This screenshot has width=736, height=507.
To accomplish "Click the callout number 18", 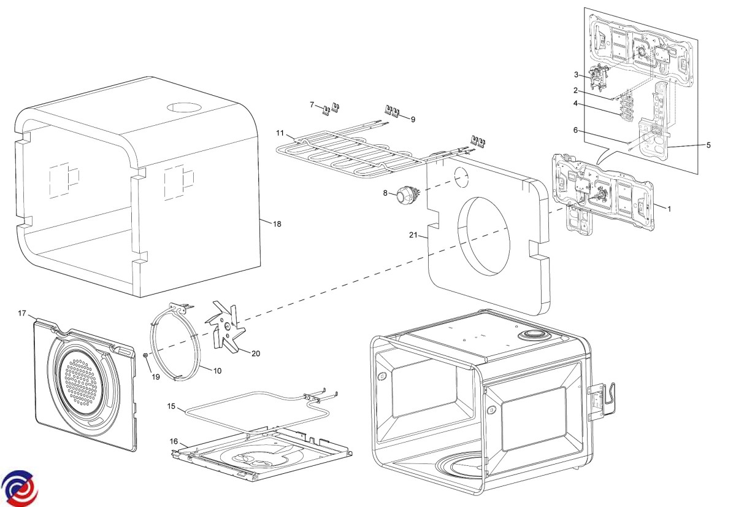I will [x=277, y=224].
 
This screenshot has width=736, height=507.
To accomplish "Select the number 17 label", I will [x=22, y=314].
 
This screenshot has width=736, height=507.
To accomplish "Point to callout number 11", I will [x=280, y=133].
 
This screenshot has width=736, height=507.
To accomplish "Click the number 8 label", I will [x=386, y=193].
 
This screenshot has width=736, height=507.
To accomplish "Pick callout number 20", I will [x=256, y=354].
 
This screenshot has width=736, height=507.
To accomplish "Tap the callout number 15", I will [x=172, y=406].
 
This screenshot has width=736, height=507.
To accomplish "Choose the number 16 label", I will [x=174, y=441].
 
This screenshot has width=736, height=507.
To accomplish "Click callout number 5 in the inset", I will [x=708, y=145].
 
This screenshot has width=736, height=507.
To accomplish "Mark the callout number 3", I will [x=577, y=75].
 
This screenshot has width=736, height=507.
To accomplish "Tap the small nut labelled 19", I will [x=144, y=355].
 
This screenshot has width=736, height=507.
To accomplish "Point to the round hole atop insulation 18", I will [x=183, y=107].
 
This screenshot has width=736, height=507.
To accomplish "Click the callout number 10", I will [x=217, y=370].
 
